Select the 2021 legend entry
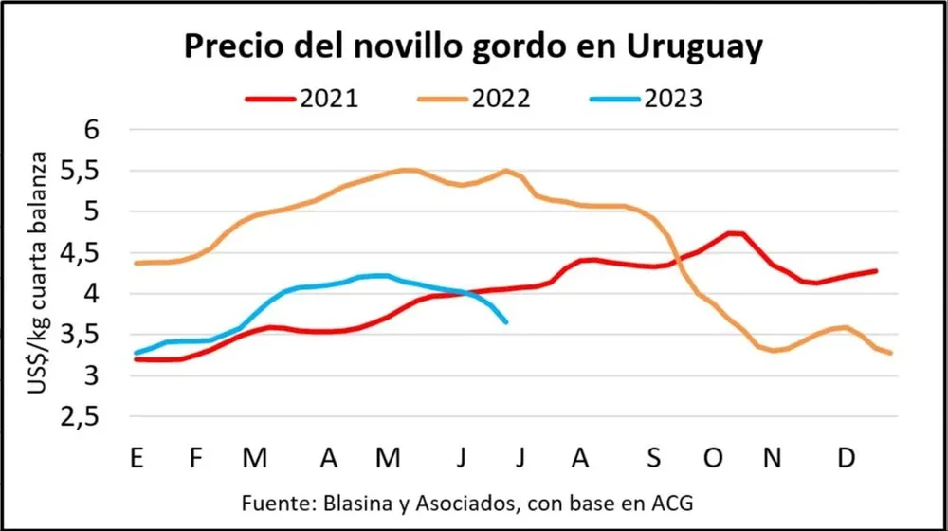tap(301, 98)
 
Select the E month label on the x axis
tap(137, 458)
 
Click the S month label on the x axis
tap(653, 458)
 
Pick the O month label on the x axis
tap(712, 458)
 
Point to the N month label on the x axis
tap(774, 458)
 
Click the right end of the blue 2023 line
tap(506, 322)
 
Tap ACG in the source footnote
tap(682, 502)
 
